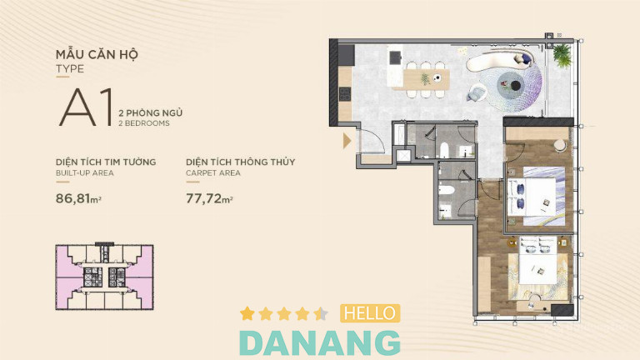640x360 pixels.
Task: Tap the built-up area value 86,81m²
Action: (78, 198)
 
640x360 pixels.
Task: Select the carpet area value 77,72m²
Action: (209, 198)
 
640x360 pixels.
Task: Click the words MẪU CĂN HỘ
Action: (97, 54)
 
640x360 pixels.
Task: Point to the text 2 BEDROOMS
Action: (143, 123)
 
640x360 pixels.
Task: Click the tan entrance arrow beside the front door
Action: (347, 140)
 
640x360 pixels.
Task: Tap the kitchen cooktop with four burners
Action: (345, 94)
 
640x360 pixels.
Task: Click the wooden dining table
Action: (426, 80)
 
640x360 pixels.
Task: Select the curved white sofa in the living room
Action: (500, 62)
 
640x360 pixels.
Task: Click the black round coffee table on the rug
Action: (516, 86)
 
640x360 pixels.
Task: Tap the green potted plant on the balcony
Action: (562, 55)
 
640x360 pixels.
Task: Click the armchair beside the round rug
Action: (477, 92)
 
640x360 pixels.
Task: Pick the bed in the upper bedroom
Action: (535, 196)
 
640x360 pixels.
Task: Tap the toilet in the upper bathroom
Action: (444, 150)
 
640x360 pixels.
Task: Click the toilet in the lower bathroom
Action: (446, 190)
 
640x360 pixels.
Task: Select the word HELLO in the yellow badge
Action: (370, 313)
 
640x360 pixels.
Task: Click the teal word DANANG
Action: (320, 342)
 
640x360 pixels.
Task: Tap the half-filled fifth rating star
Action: (321, 313)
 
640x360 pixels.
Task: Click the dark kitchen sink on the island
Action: (395, 58)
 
